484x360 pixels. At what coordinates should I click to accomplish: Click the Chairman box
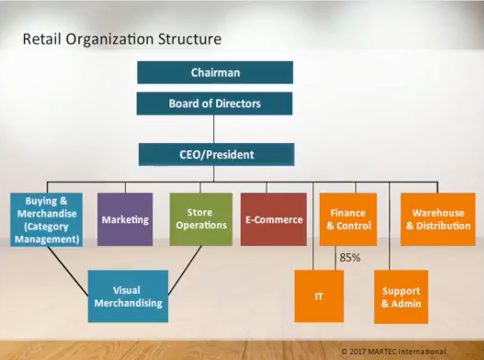215,72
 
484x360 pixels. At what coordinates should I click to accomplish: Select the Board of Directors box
214,104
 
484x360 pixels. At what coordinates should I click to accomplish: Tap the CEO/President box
216,155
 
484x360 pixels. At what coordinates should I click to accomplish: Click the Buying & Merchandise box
46,220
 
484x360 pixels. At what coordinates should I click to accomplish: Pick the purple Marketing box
125,219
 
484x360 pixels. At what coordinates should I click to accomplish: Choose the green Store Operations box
201,219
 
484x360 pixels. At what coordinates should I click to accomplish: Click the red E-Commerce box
274,219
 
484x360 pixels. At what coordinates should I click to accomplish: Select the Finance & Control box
348,219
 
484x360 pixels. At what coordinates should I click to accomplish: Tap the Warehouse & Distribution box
438,219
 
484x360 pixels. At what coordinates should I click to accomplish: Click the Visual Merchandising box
128,297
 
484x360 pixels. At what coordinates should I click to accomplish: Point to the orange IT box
319,296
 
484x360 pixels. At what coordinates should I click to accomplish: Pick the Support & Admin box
401,297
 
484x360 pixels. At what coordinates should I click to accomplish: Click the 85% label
350,258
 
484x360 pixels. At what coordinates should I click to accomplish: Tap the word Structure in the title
189,39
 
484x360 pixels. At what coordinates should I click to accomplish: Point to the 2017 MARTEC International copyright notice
394,352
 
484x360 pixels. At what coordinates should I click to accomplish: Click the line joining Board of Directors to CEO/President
214,129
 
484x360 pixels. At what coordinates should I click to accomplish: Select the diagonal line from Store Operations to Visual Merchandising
185,270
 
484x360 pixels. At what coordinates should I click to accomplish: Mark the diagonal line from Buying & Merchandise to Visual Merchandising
68,271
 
